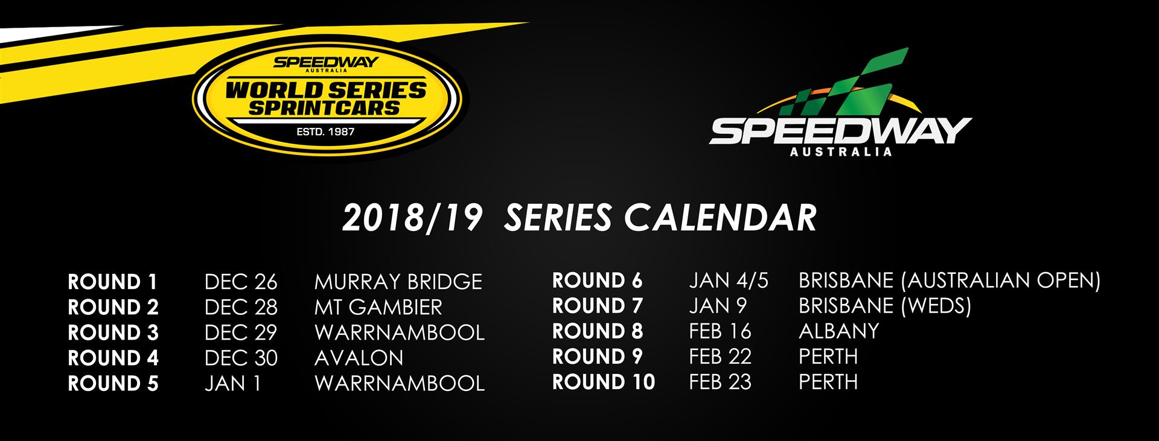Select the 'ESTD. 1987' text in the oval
click(x=325, y=132)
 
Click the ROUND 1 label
click(x=112, y=282)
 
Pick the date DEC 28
click(x=241, y=307)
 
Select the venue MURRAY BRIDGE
click(x=398, y=282)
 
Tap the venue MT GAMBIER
click(x=378, y=307)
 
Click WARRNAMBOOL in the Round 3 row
click(x=400, y=332)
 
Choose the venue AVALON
click(x=359, y=358)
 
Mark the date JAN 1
click(x=232, y=383)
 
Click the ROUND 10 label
click(x=604, y=382)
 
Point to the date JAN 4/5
click(x=729, y=281)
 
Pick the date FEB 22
click(x=720, y=357)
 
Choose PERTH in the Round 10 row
click(x=828, y=382)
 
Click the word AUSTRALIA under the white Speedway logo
click(x=840, y=151)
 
